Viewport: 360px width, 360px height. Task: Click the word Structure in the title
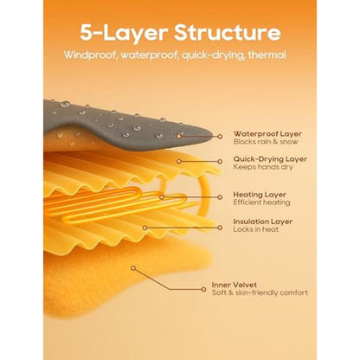(x=228, y=33)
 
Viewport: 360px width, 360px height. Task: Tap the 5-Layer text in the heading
(x=124, y=34)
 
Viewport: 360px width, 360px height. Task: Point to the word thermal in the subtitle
(x=267, y=55)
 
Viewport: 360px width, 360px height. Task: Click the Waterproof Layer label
(x=267, y=134)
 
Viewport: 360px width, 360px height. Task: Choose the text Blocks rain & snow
(x=266, y=142)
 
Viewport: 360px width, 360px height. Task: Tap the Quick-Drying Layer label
(x=270, y=159)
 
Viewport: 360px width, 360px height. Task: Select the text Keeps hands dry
(x=263, y=167)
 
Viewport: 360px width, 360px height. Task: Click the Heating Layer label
(x=260, y=195)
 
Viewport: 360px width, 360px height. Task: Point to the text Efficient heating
(x=261, y=202)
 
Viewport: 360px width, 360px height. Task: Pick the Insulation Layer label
(x=263, y=222)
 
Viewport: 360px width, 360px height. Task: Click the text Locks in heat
(x=256, y=229)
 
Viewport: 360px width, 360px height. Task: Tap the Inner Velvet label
(x=235, y=285)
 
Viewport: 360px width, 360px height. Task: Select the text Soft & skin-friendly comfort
(x=260, y=292)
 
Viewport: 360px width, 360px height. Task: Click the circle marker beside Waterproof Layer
(x=220, y=137)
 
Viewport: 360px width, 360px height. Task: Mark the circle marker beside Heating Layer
(x=220, y=197)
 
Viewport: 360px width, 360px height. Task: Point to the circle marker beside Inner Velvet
(x=203, y=289)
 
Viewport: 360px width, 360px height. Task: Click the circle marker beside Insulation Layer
(x=220, y=228)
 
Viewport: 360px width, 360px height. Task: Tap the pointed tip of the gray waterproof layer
(x=213, y=136)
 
